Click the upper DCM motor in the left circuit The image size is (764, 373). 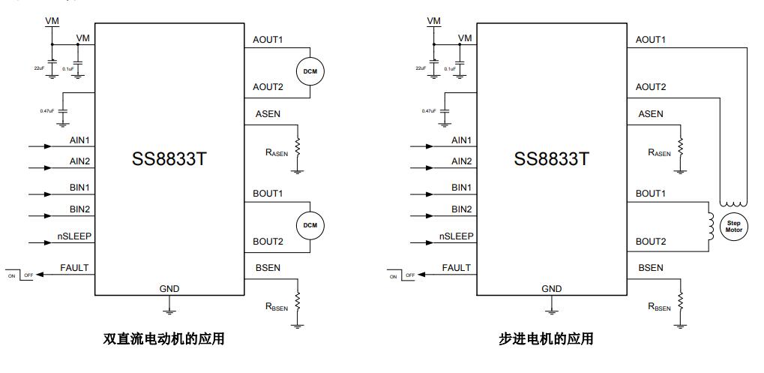(310, 71)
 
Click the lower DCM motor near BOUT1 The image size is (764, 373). (310, 224)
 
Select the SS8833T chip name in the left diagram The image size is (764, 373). (169, 159)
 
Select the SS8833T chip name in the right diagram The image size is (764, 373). (552, 159)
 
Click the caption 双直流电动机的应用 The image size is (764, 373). (163, 339)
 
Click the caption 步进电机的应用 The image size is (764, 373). (546, 339)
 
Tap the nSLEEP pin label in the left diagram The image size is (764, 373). (73, 236)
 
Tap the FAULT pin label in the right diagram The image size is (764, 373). (457, 268)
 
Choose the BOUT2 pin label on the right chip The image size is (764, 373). (650, 242)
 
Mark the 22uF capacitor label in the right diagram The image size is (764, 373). (421, 68)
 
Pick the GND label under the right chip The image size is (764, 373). (552, 289)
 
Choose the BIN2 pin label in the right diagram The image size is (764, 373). (462, 209)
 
